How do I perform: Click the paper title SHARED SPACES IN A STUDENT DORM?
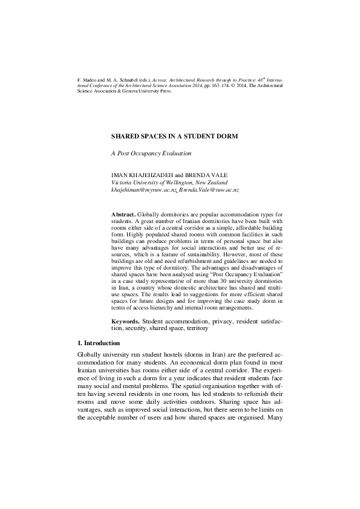pyautogui.click(x=174, y=137)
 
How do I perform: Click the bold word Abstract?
pyautogui.click(x=123, y=215)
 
